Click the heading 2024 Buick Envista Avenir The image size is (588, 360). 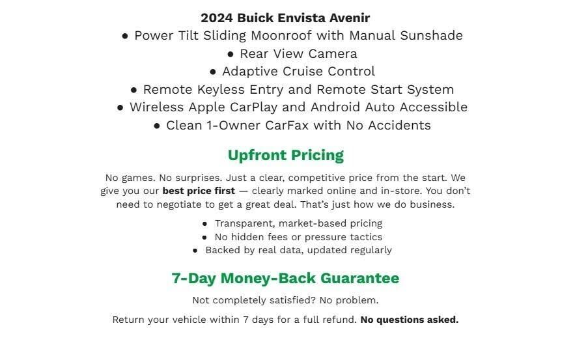coord(285,18)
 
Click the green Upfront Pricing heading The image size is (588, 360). coord(285,156)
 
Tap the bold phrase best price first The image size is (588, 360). coord(199,191)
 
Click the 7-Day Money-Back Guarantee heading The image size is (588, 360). coord(285,279)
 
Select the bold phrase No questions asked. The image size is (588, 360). coord(409,320)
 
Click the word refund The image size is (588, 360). coord(340,320)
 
